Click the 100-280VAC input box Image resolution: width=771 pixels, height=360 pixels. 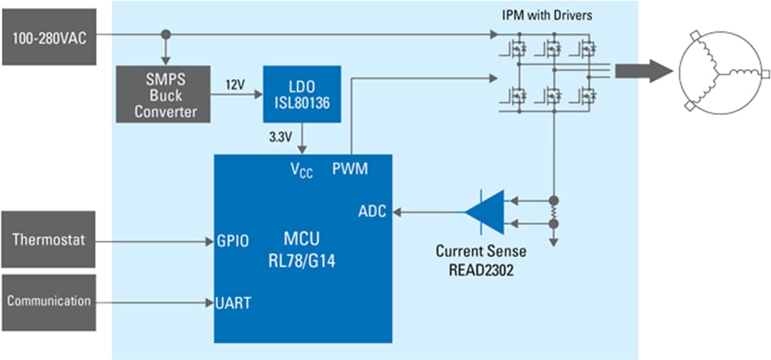point(49,37)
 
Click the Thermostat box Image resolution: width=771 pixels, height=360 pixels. point(49,239)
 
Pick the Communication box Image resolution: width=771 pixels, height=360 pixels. point(49,300)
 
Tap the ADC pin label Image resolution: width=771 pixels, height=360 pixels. point(372,211)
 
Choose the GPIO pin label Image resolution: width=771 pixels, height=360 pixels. point(233,241)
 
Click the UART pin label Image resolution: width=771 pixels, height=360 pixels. point(233,302)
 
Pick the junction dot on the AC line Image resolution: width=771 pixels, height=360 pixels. point(166,34)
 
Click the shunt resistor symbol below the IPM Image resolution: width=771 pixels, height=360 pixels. point(553,211)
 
